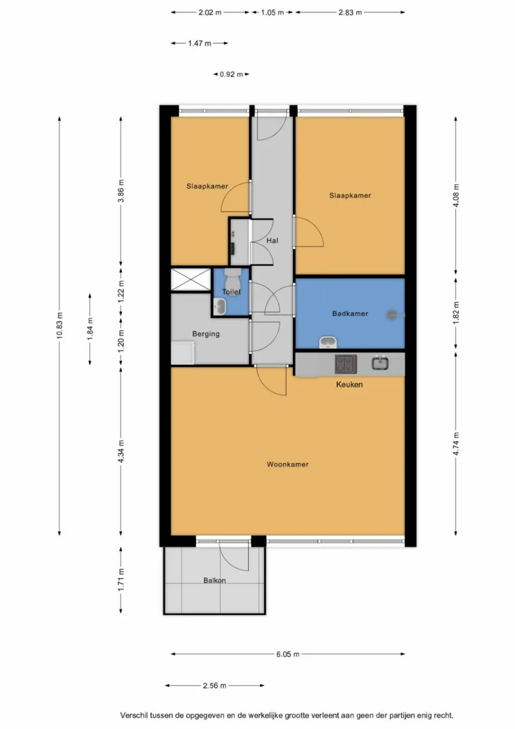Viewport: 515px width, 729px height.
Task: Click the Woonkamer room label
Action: pos(288,464)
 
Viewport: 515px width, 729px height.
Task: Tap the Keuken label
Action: pos(349,384)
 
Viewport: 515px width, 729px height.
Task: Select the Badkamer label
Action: pos(350,314)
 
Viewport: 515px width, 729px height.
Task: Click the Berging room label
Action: pos(206,334)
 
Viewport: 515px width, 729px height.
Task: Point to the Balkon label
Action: pos(215,580)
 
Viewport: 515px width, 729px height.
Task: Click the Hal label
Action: pos(273,240)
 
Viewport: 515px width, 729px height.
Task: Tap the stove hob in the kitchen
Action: pos(346,364)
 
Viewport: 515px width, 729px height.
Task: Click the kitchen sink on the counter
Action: pos(381,363)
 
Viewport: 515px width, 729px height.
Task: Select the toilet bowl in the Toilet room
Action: pos(232,281)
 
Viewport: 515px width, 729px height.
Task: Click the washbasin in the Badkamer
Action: pos(327,342)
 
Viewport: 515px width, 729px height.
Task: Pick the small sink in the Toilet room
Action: pos(220,307)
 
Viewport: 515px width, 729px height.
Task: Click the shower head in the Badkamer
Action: pos(394,315)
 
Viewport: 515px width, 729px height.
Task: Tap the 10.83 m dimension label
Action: pos(60,325)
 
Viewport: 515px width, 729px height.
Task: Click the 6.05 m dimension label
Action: pos(288,654)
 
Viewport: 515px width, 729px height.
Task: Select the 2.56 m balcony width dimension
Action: pos(214,686)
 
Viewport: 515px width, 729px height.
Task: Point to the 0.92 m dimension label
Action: pos(231,74)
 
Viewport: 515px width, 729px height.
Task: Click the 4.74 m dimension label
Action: pos(456,444)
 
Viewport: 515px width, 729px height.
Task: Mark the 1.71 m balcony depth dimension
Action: pos(121,580)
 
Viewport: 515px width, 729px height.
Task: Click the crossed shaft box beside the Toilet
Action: pos(190,280)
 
